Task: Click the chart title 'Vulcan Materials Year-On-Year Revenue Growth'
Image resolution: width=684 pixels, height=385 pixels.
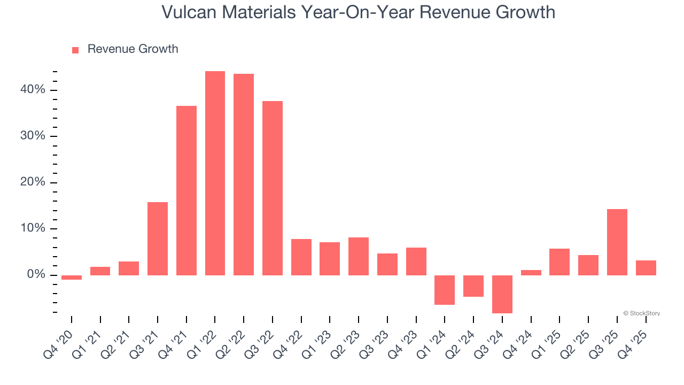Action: pyautogui.click(x=358, y=12)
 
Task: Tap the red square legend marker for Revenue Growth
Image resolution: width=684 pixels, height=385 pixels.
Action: pyautogui.click(x=75, y=50)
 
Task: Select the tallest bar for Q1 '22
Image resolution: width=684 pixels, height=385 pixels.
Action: pyautogui.click(x=215, y=173)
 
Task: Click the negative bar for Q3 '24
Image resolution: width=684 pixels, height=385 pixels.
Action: pyautogui.click(x=502, y=294)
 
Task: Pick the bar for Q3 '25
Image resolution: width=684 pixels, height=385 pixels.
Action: pyautogui.click(x=617, y=242)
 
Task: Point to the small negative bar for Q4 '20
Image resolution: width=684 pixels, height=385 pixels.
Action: pyautogui.click(x=72, y=278)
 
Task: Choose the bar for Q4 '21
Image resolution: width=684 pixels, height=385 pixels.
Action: pyautogui.click(x=186, y=190)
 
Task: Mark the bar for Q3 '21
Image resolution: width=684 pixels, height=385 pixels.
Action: pyautogui.click(x=158, y=238)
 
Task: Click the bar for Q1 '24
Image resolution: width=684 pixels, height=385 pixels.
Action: pyautogui.click(x=445, y=290)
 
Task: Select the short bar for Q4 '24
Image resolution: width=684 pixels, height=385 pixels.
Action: pyautogui.click(x=531, y=273)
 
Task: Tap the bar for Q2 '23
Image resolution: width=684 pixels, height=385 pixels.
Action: pyautogui.click(x=359, y=256)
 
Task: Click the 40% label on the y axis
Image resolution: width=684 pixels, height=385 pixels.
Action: pyautogui.click(x=33, y=90)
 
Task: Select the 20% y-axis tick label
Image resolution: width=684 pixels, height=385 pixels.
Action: pyautogui.click(x=33, y=182)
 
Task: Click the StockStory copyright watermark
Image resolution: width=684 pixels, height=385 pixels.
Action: pyautogui.click(x=641, y=313)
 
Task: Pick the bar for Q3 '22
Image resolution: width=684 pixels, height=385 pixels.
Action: pyautogui.click(x=273, y=188)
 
